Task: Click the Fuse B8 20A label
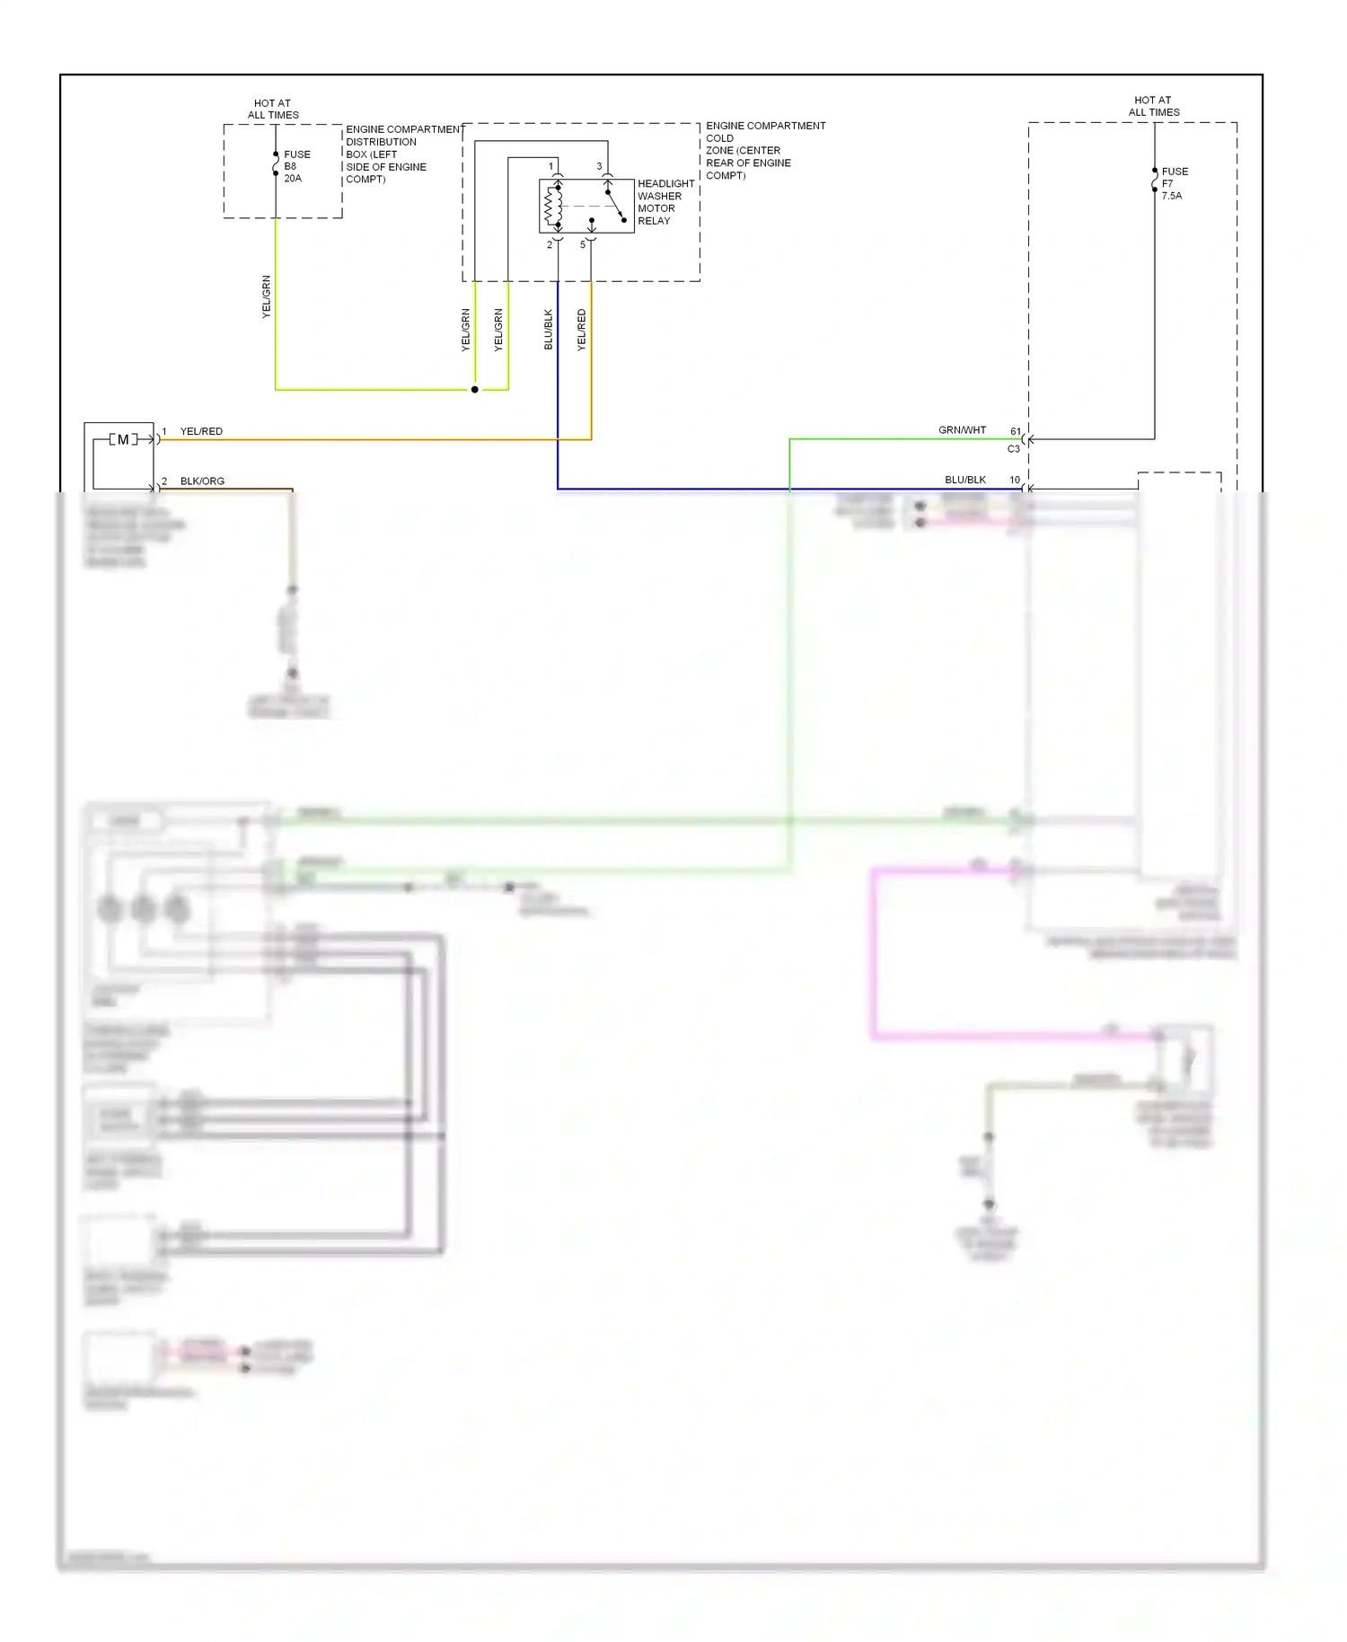click(x=296, y=166)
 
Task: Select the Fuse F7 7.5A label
click(x=1174, y=183)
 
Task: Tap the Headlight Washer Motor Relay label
click(x=665, y=202)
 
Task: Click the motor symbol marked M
click(x=123, y=439)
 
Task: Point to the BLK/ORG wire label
click(x=202, y=481)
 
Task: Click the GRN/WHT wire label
click(x=962, y=430)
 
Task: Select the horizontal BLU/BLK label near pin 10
click(x=964, y=480)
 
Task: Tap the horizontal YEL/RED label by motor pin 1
click(x=201, y=431)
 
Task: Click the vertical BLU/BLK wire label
click(x=549, y=330)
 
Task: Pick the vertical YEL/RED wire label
click(x=581, y=330)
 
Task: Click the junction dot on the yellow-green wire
click(x=475, y=390)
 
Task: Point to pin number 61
click(x=1016, y=431)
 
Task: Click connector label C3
click(x=1013, y=448)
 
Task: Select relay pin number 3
click(x=599, y=166)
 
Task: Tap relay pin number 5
click(x=582, y=244)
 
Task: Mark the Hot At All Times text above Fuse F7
click(x=1153, y=106)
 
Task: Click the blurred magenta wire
click(x=873, y=952)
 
